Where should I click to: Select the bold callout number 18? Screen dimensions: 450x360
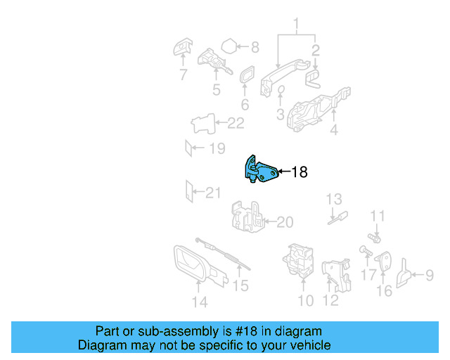[300, 172]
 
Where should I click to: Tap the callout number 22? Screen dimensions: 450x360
[236, 123]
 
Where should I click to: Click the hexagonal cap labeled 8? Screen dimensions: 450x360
[229, 46]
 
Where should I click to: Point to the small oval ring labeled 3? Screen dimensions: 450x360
[281, 90]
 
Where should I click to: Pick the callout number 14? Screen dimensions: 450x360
[200, 302]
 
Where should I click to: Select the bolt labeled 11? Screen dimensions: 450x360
[374, 238]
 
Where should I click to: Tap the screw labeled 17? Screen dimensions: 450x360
[366, 250]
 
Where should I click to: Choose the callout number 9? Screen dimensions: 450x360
[430, 275]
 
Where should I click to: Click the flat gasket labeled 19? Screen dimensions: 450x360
[188, 148]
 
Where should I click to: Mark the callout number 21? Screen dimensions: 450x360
[213, 193]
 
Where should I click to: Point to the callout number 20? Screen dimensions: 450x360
[285, 222]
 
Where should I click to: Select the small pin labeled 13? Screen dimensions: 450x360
[337, 217]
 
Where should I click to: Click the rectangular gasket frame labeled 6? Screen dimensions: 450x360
[247, 75]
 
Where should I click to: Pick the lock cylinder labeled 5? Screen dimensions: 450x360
[214, 61]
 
